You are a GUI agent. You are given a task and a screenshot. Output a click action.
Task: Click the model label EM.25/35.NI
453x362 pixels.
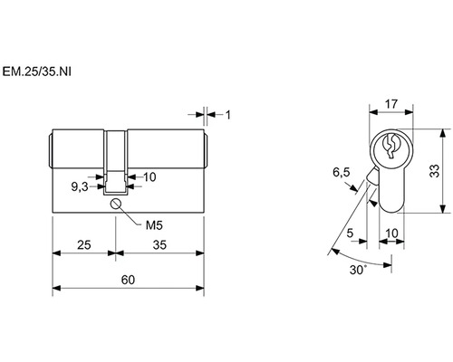click(37, 71)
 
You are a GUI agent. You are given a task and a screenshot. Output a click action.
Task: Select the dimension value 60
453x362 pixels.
click(128, 280)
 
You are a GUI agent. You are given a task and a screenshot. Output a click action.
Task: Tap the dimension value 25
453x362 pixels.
click(84, 245)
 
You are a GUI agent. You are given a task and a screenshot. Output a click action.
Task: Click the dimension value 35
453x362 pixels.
click(159, 245)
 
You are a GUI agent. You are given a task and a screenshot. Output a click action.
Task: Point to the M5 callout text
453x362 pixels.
click(154, 225)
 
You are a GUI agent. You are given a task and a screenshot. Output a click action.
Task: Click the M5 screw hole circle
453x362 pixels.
click(116, 204)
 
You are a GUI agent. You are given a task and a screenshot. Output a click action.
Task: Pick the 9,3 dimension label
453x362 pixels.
click(80, 187)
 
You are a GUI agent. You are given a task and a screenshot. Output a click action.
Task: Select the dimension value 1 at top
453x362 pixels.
click(228, 115)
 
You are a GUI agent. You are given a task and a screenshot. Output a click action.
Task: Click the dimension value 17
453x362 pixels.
click(391, 104)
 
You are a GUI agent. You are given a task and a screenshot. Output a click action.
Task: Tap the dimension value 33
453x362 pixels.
click(435, 171)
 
